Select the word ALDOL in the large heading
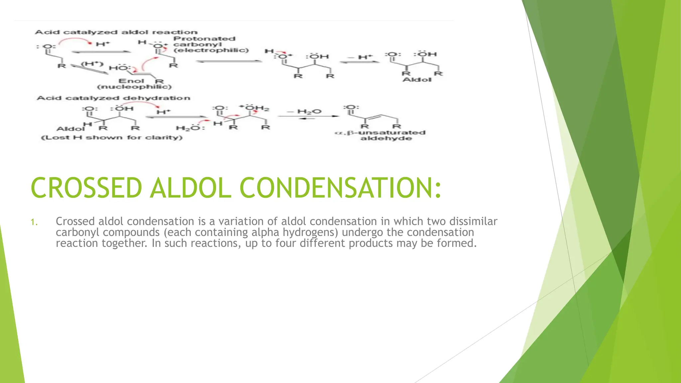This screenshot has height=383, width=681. (191, 188)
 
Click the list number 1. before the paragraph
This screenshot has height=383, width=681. (34, 222)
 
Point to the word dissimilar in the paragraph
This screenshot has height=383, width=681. (473, 221)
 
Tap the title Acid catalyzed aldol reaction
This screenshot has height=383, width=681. (116, 32)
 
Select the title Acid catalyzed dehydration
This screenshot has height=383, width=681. (113, 98)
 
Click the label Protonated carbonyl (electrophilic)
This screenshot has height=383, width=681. (210, 45)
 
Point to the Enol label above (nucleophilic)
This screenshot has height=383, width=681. (131, 81)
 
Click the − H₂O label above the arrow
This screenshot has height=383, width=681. (304, 111)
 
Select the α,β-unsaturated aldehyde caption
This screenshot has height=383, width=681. (380, 135)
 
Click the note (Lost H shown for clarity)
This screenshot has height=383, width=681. (112, 137)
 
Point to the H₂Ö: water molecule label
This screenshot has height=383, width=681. (190, 128)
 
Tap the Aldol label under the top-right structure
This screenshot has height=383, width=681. (417, 80)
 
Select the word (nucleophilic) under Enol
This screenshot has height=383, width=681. (134, 87)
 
